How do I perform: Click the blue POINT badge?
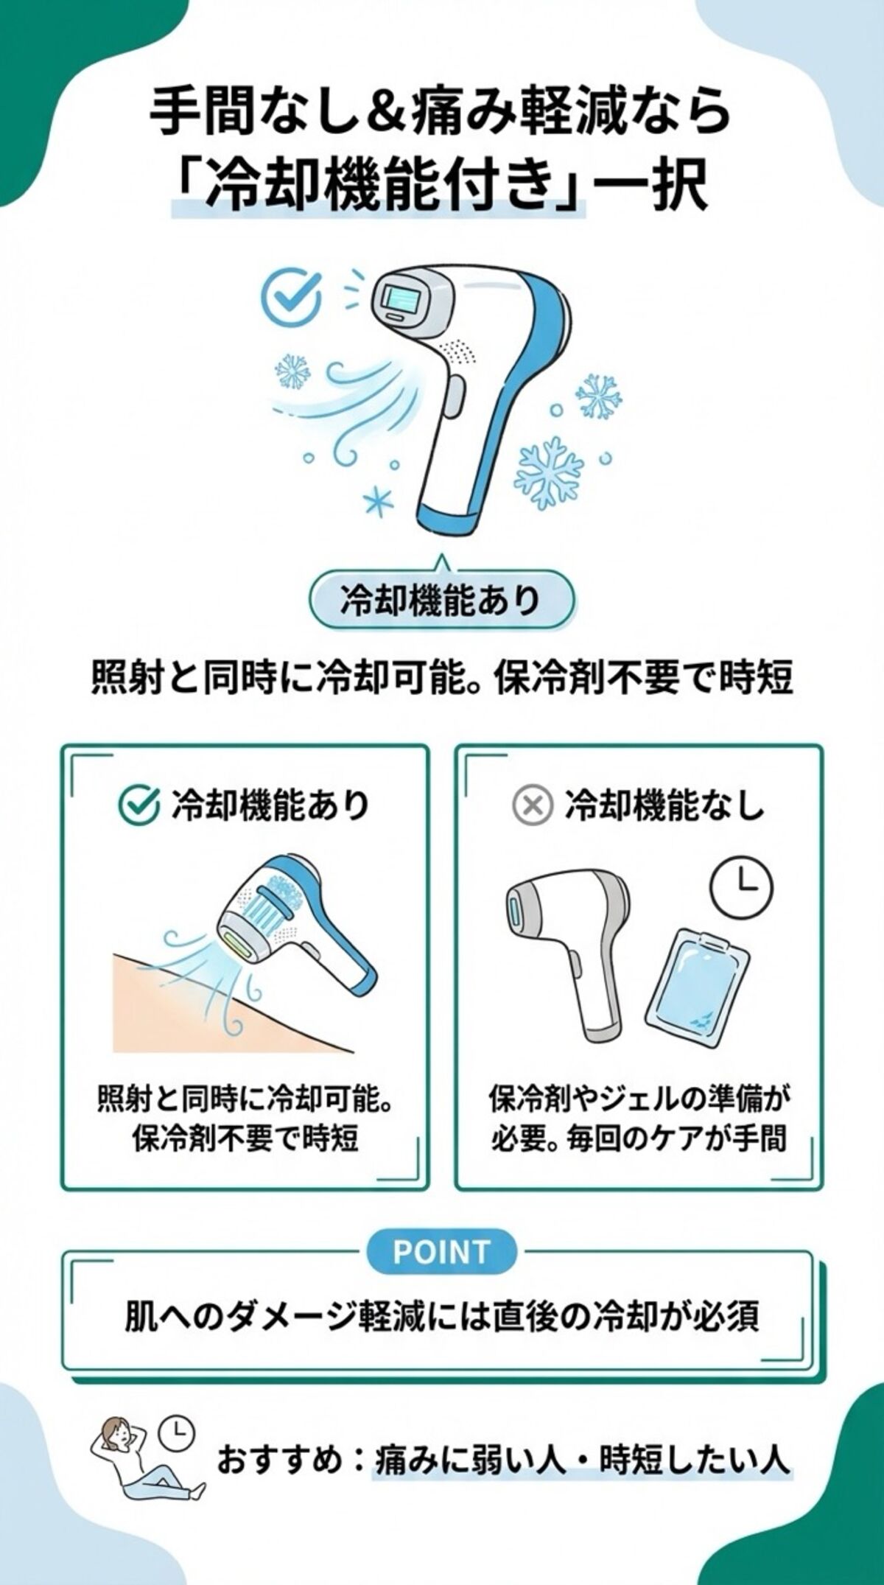pyautogui.click(x=441, y=1251)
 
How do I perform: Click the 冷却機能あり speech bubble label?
pyautogui.click(x=441, y=601)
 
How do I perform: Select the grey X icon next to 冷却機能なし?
pyautogui.click(x=532, y=807)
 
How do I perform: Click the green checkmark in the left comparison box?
pyautogui.click(x=139, y=805)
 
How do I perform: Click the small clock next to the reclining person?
pyautogui.click(x=177, y=1432)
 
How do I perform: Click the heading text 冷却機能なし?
pyautogui.click(x=664, y=807)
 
